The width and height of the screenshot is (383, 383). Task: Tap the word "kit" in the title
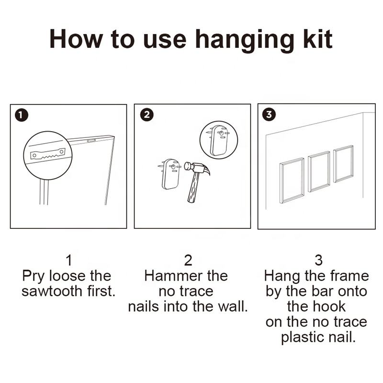(x=318, y=39)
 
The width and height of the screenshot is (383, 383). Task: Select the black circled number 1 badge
(x=21, y=115)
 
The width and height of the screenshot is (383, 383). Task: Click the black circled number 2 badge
(x=147, y=114)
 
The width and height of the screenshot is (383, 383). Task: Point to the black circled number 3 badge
(x=269, y=114)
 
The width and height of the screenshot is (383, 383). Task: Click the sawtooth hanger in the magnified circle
(x=48, y=154)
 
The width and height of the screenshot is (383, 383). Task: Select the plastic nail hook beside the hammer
(x=171, y=174)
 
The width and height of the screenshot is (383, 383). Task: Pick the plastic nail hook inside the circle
(x=219, y=140)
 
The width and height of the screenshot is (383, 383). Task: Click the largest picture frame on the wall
(x=292, y=181)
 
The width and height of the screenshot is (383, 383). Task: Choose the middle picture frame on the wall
(x=319, y=172)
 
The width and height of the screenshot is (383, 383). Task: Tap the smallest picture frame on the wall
(x=343, y=164)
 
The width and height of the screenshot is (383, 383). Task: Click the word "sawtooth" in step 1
(x=52, y=291)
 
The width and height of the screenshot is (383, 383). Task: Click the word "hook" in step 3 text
(x=329, y=306)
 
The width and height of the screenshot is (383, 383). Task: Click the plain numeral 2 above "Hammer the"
(x=188, y=260)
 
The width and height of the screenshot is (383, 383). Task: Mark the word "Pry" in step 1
(x=34, y=277)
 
